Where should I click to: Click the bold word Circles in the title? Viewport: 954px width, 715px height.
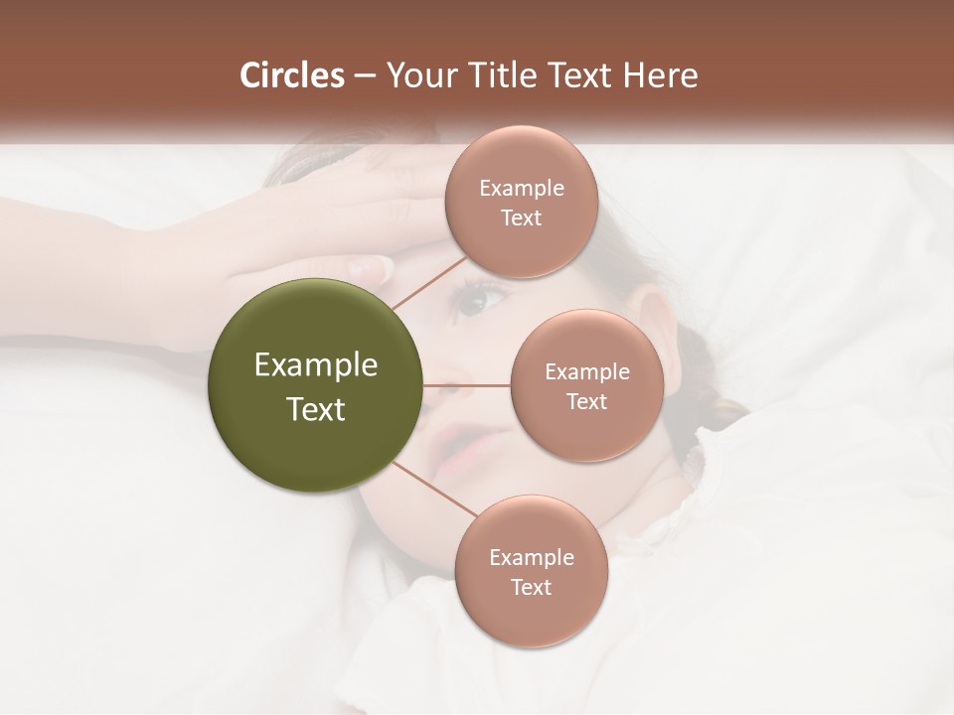[291, 75]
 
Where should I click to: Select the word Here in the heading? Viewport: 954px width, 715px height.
[661, 75]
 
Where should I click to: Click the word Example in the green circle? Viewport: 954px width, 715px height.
[316, 365]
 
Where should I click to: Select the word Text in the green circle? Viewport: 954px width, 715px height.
[316, 409]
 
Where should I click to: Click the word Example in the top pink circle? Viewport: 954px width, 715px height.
[521, 189]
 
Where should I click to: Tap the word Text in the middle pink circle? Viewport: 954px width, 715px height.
[586, 402]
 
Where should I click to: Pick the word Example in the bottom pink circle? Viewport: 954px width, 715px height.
[531, 558]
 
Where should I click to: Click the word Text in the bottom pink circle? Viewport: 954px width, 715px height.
[531, 588]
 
